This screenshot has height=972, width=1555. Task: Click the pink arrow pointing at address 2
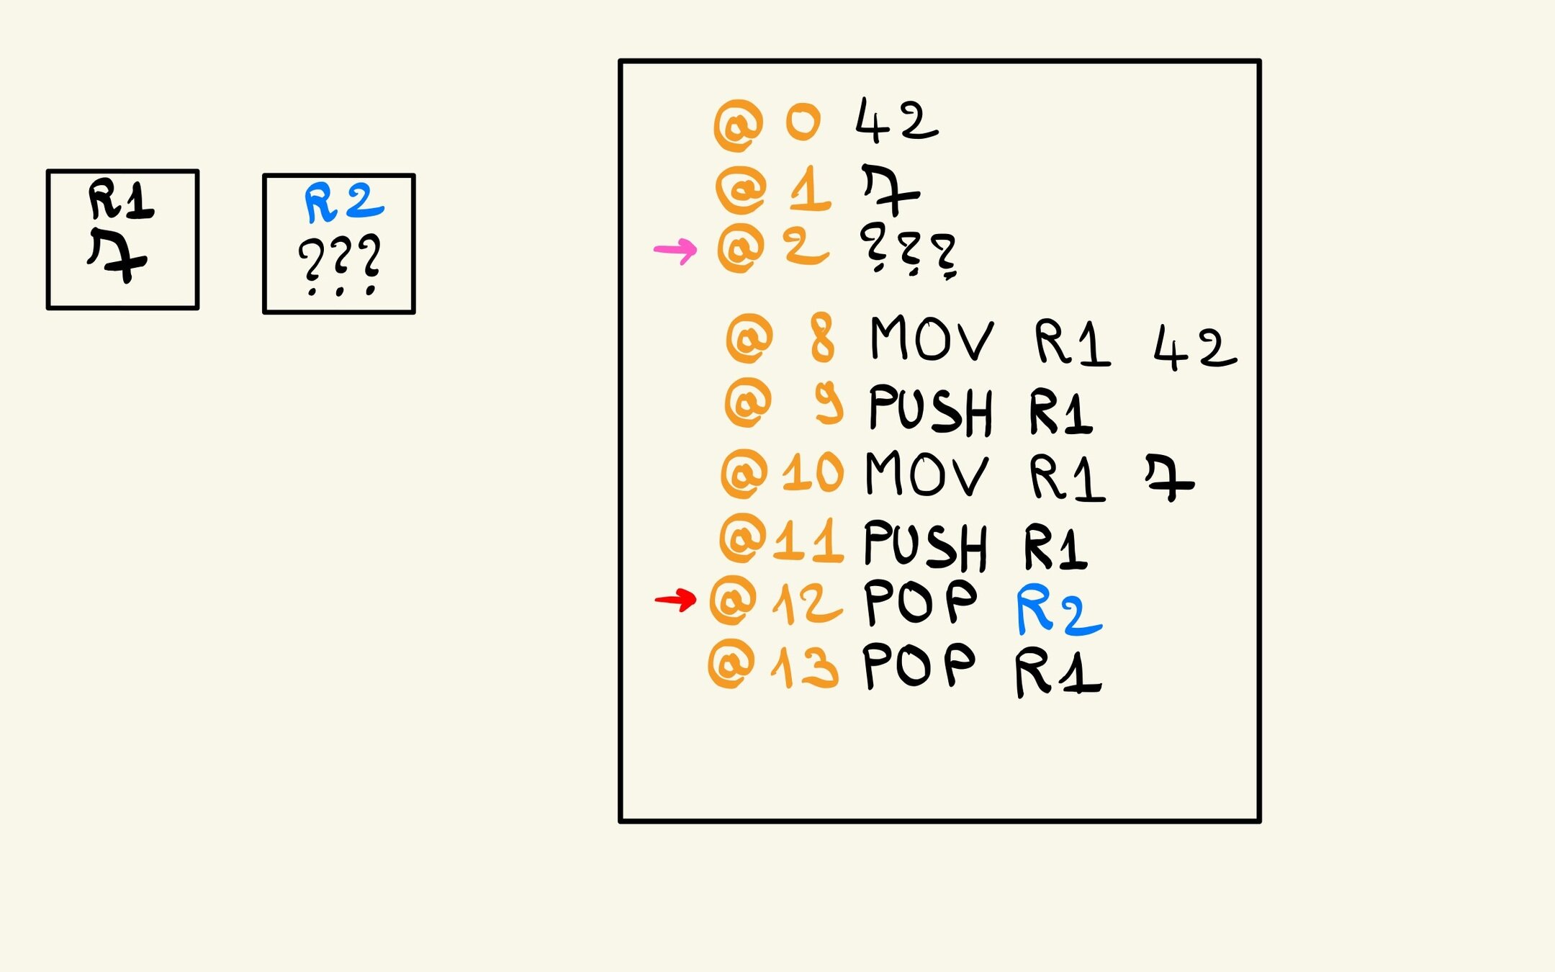pos(675,251)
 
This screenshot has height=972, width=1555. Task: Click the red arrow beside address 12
pos(675,599)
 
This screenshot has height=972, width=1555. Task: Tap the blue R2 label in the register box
pos(343,202)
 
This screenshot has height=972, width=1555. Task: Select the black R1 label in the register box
pos(120,200)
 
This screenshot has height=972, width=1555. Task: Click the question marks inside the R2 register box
pos(339,264)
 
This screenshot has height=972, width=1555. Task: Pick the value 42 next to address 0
pos(896,121)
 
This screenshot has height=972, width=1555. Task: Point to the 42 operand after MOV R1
pos(1194,348)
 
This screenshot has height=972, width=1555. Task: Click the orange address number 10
pos(812,473)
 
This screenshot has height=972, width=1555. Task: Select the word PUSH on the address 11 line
pos(925,545)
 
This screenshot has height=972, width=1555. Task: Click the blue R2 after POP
pos(1058,611)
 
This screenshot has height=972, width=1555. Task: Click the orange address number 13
pos(805,666)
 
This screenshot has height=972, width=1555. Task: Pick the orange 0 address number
pos(802,122)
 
